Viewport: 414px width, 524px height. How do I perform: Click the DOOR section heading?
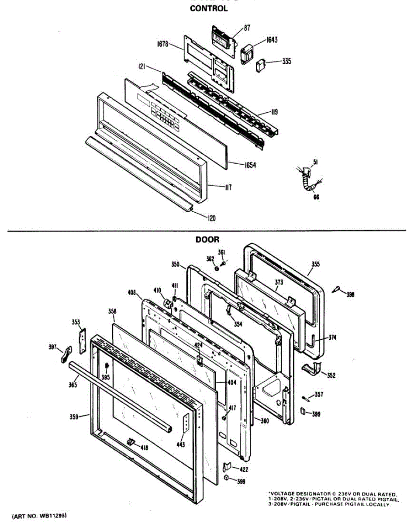pos(207,239)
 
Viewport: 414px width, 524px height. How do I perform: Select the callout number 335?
pos(286,61)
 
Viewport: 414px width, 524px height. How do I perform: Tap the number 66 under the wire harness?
pos(316,197)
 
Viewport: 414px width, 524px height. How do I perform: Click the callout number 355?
pos(315,264)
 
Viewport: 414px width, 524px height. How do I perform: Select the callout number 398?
pos(350,294)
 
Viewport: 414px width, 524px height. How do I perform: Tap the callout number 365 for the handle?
pos(72,385)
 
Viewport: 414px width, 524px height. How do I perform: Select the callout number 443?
pos(180,445)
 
